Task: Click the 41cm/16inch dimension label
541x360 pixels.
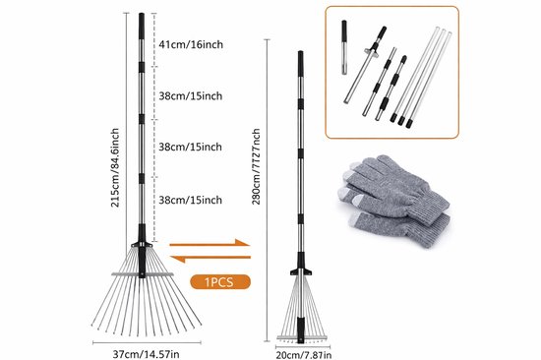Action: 191,44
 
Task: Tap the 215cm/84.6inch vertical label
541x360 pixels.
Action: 115,168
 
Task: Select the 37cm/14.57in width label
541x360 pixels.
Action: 146,354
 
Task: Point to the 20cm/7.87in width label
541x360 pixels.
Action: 304,355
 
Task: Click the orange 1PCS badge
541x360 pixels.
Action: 220,282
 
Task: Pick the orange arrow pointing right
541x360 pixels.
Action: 210,243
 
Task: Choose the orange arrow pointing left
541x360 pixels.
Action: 210,258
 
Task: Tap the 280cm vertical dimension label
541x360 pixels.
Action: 256,166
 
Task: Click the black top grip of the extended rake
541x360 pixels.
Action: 142,26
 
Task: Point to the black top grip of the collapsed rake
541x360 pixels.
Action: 301,64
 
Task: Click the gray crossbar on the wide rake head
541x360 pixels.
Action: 143,274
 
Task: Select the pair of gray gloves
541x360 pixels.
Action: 395,200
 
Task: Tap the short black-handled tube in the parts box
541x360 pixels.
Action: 344,47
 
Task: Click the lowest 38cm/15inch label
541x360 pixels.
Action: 191,200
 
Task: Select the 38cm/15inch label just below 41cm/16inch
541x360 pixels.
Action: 191,96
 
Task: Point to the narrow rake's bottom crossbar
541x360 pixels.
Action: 303,337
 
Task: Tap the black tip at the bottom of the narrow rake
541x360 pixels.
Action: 301,330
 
